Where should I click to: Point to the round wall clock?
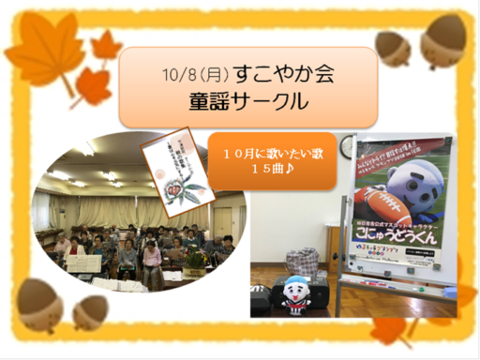point(348,148)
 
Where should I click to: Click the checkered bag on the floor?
point(302,262)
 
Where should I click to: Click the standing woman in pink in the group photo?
point(152,263)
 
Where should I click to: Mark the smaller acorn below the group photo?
point(92,310)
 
